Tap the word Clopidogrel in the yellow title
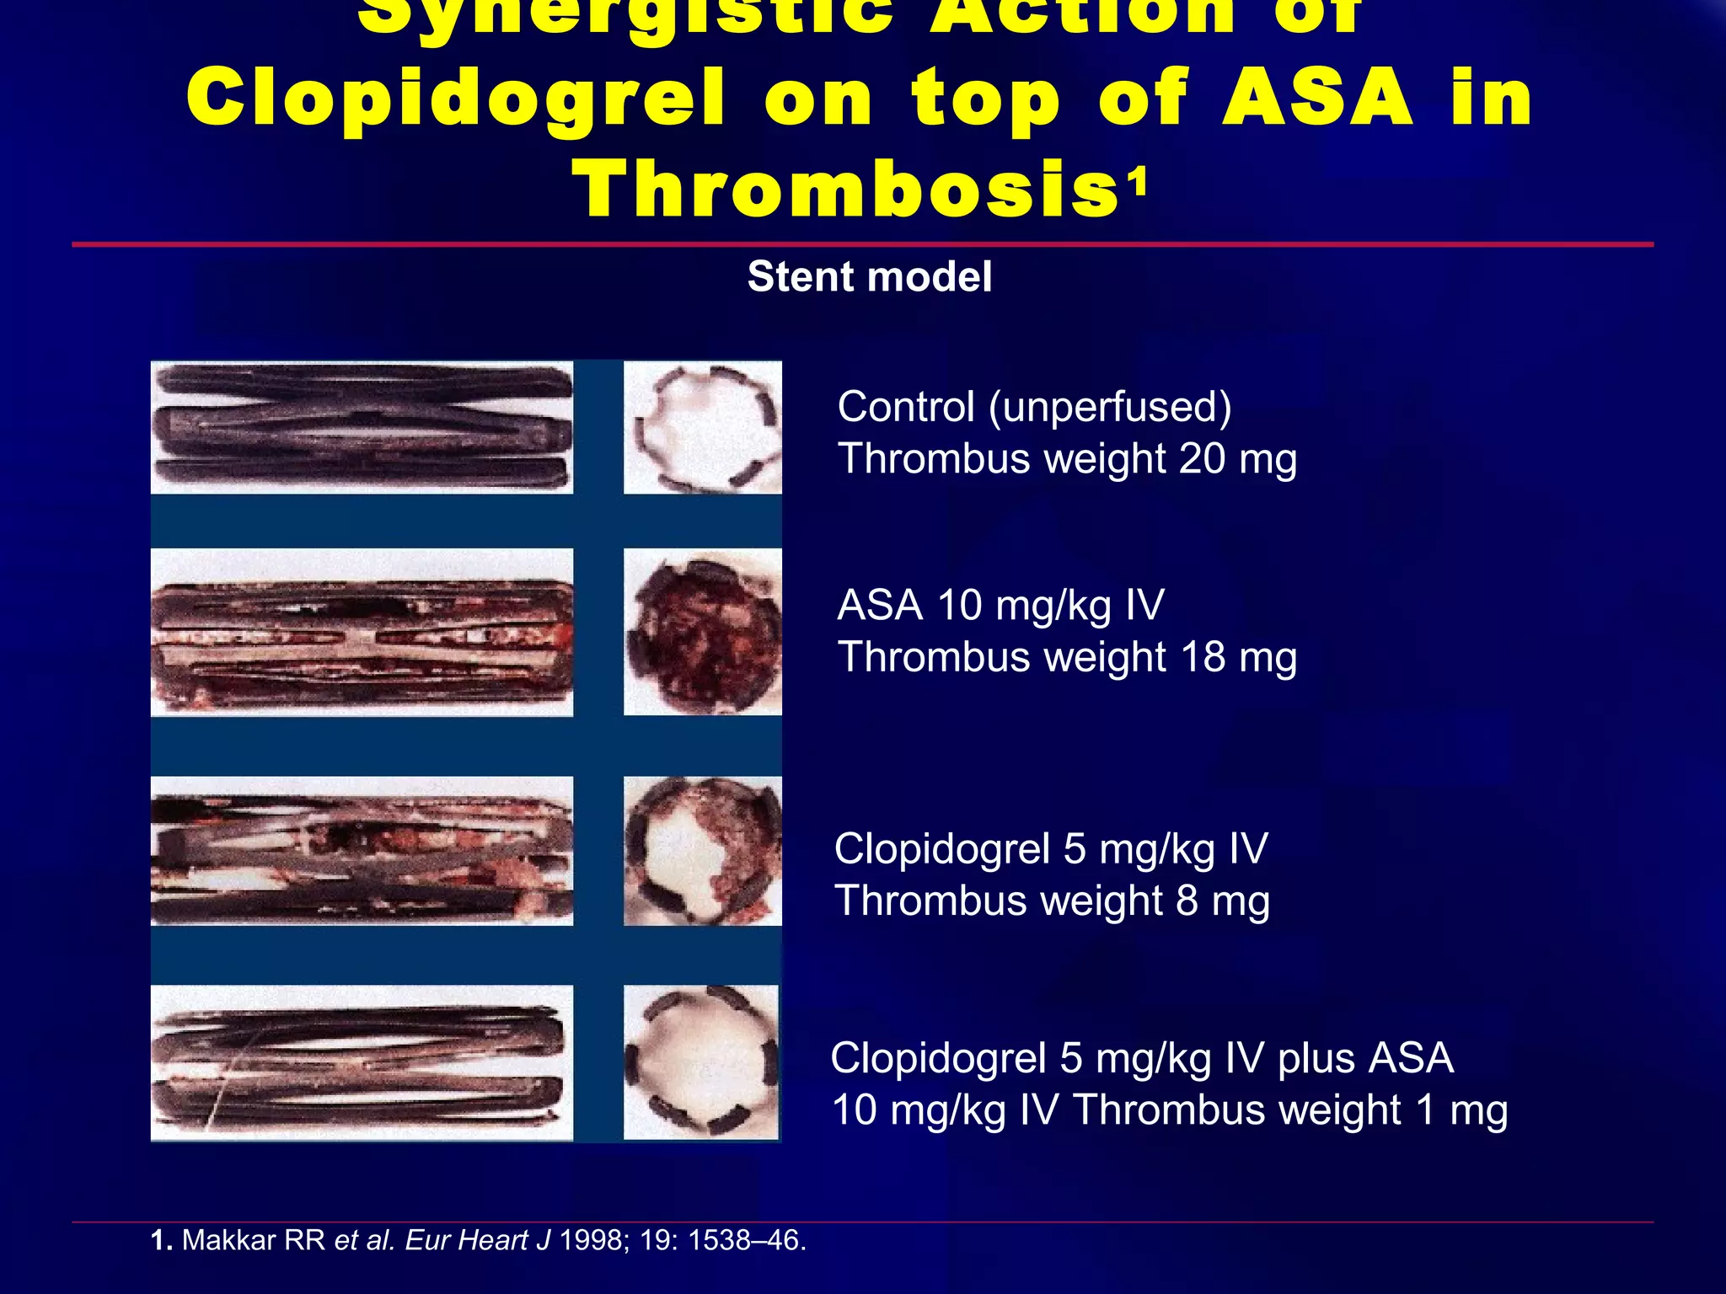[x=455, y=99]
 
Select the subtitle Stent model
[x=869, y=277]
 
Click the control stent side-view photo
[x=362, y=427]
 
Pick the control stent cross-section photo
[x=702, y=427]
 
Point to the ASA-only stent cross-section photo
[x=702, y=632]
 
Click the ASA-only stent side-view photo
[x=362, y=632]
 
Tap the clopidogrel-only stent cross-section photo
[x=702, y=851]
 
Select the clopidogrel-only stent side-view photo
[x=362, y=851]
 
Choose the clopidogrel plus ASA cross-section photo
[x=700, y=1062]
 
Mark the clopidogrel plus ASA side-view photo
[x=362, y=1062]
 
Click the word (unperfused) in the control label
[x=1110, y=407]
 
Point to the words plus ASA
[x=1365, y=1058]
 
